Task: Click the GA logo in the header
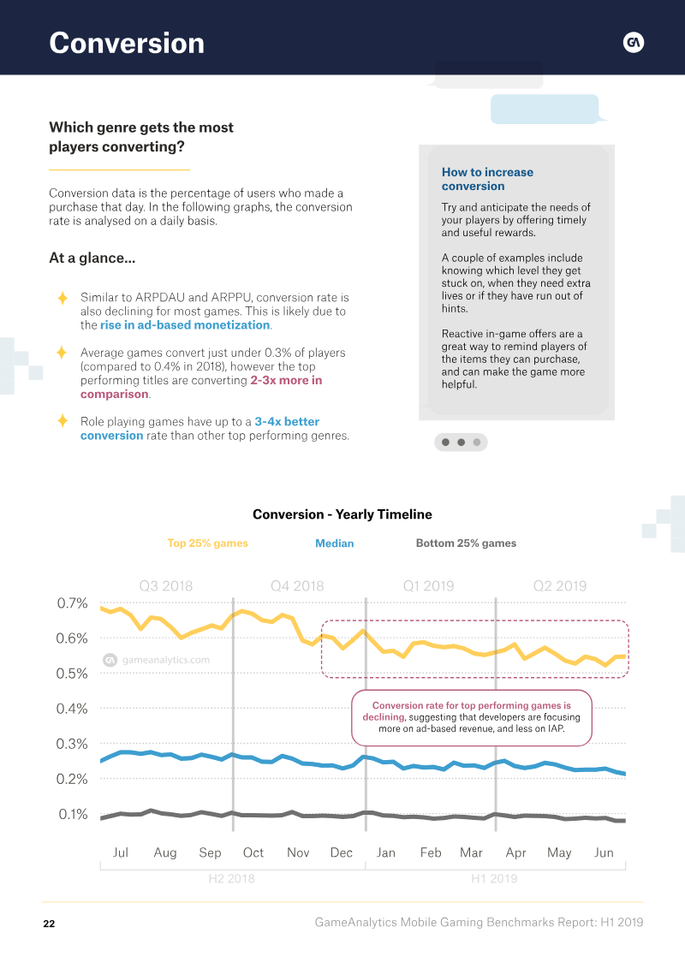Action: (633, 43)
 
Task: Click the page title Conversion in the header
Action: (127, 43)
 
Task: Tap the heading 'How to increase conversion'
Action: (487, 179)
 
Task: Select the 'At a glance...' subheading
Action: (92, 258)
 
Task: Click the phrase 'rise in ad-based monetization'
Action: (185, 325)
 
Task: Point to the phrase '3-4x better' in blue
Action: (287, 422)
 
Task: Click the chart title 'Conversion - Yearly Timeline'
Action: (342, 514)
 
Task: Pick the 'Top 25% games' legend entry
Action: (207, 543)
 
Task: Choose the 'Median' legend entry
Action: (334, 543)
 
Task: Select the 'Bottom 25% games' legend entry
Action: (466, 543)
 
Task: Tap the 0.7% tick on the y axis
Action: (72, 603)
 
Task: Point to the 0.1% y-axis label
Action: (73, 814)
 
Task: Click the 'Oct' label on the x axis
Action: (253, 852)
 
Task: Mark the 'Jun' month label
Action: (604, 852)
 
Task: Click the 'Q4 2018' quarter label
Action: (297, 586)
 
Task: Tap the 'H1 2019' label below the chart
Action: (494, 878)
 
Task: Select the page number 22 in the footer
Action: (49, 923)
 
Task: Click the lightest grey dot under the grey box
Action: (477, 442)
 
